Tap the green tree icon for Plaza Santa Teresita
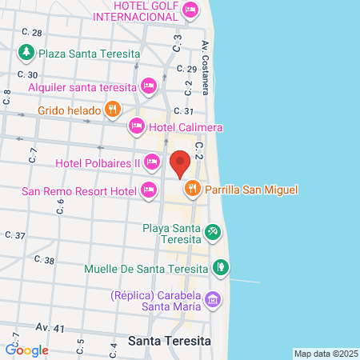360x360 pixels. point(26,53)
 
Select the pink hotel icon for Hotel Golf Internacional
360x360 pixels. point(190,10)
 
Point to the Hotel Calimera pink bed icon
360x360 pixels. point(137,126)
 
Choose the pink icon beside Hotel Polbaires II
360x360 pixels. point(151,163)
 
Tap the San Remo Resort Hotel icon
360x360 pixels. point(148,190)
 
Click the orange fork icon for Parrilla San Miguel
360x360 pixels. point(192,190)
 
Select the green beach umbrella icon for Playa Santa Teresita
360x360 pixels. point(212,233)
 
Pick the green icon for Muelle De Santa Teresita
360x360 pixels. point(220,268)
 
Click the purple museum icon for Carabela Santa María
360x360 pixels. point(212,300)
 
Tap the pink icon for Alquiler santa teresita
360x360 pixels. point(148,86)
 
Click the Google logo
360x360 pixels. point(27,350)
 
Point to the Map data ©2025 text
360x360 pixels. point(326,354)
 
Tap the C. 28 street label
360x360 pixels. point(32,33)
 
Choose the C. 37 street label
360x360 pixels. point(15,235)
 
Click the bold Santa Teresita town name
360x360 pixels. point(169,341)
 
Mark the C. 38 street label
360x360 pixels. point(45,261)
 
